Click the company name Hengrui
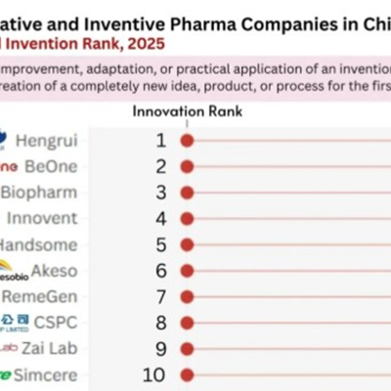tap(54, 141)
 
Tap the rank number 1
tap(161, 141)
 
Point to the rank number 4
tap(161, 218)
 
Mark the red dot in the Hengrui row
tap(187, 141)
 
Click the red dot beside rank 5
tap(187, 243)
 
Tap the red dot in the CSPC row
tap(187, 321)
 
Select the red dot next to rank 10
tap(187, 373)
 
